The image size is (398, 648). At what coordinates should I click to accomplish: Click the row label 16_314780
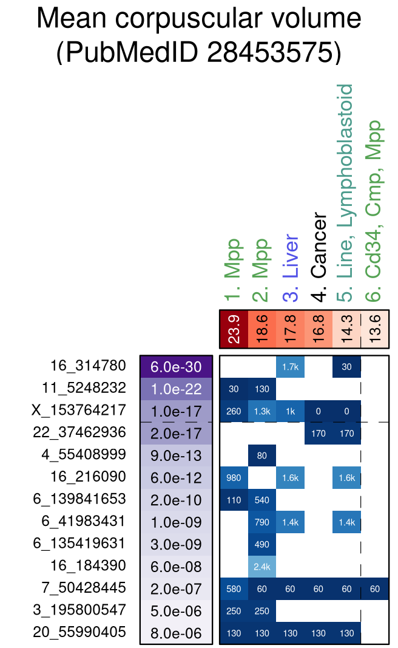(88, 366)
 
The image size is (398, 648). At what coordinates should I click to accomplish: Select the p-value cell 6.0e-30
(176, 367)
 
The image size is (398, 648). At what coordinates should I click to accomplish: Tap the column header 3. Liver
(291, 268)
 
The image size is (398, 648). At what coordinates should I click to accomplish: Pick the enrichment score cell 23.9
(234, 329)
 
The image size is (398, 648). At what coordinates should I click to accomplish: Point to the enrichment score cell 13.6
(374, 329)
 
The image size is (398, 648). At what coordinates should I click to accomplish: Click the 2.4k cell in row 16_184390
(262, 567)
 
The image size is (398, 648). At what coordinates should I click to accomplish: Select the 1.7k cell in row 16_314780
(290, 367)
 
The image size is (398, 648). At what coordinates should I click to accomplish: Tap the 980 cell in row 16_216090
(234, 478)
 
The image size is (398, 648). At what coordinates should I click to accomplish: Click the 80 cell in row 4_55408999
(262, 455)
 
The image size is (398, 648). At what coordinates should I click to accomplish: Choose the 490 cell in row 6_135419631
(262, 544)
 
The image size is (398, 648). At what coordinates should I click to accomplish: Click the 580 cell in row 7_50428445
(234, 588)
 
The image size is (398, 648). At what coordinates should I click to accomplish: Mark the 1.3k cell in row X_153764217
(262, 411)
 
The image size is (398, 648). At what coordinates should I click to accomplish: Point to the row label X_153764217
(79, 410)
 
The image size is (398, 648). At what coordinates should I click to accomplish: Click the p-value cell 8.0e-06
(176, 633)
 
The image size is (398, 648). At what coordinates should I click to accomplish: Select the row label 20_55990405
(79, 632)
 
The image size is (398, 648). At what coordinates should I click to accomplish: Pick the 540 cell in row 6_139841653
(262, 500)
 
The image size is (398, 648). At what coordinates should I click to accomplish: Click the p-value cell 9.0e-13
(176, 455)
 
